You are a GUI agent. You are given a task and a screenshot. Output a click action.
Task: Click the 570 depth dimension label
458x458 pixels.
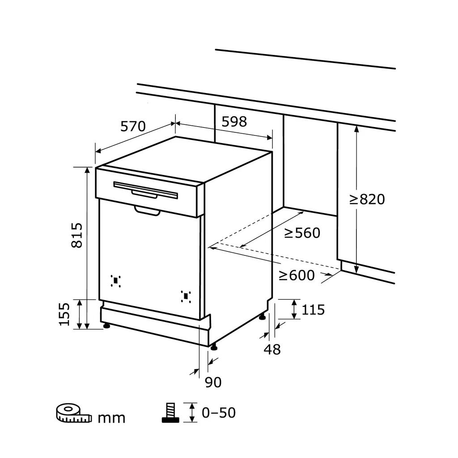point(133,127)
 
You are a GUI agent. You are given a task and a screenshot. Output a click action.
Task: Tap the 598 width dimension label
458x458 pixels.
point(234,121)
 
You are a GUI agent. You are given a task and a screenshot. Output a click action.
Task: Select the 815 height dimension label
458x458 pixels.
point(76,235)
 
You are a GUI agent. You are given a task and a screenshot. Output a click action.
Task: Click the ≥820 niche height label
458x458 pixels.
point(367,199)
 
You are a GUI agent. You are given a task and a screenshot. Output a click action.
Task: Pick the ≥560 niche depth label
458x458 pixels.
point(302,233)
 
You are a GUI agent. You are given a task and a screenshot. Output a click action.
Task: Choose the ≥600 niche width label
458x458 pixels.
point(297,276)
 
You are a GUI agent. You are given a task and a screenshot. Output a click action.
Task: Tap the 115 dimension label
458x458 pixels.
point(313,310)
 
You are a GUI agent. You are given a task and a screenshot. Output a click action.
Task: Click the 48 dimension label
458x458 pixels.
point(272,349)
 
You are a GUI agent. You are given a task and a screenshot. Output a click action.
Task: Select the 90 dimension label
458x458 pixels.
point(213,382)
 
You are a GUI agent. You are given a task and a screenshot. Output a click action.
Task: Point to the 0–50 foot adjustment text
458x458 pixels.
point(218,413)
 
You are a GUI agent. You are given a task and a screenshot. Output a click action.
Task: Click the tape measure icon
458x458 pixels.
point(73,414)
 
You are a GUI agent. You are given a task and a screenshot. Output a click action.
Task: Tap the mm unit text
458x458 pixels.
point(111,419)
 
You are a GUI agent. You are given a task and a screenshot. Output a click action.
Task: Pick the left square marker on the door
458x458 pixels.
point(116,280)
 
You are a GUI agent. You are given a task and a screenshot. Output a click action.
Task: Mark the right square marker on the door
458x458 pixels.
point(186,296)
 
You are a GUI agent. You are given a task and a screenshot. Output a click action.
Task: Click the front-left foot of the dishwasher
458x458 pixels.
point(107,326)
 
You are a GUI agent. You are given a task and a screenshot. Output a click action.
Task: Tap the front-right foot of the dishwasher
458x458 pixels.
point(214,346)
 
